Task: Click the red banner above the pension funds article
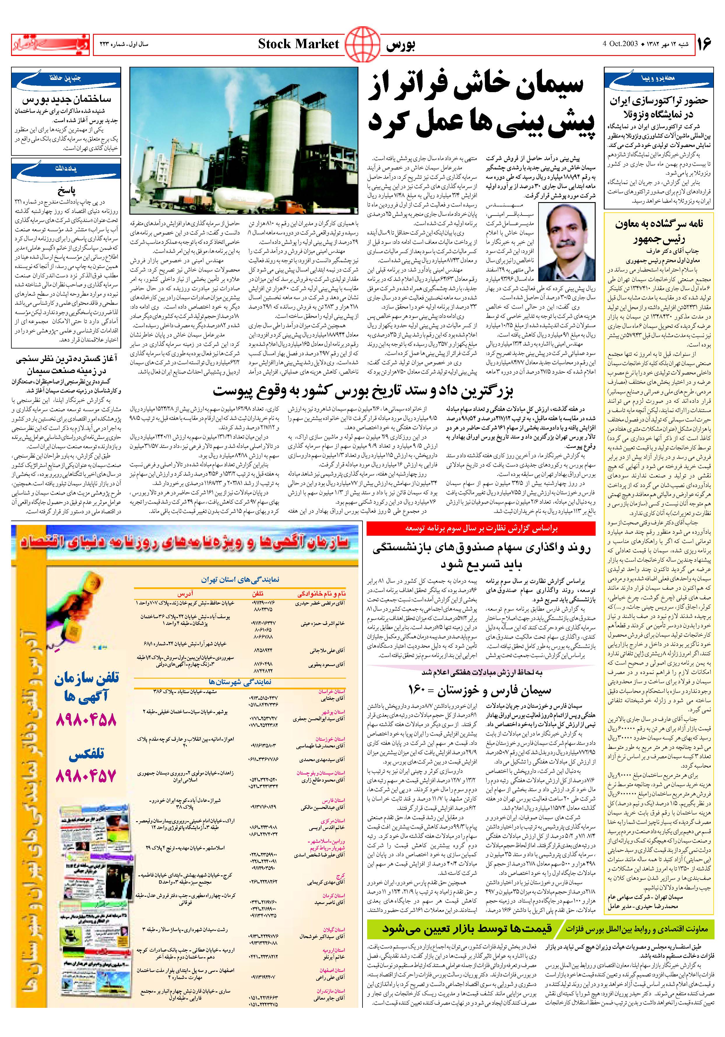pos(481,528)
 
